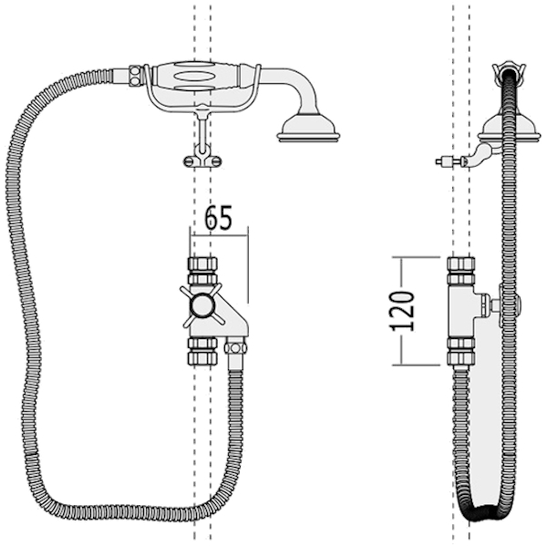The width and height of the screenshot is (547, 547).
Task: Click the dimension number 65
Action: (x=218, y=218)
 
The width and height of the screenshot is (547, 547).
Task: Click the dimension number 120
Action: (x=401, y=311)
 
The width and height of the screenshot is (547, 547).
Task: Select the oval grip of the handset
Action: (x=196, y=77)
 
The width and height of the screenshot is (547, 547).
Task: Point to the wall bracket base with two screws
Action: (x=202, y=161)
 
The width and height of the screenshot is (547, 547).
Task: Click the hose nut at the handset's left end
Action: (x=134, y=76)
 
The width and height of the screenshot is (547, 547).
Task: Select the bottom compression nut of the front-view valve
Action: (x=202, y=351)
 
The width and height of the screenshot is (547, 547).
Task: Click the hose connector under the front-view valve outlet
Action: (x=235, y=348)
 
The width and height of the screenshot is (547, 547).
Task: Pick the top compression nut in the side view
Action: (x=461, y=270)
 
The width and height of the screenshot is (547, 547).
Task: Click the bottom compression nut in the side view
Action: (x=461, y=351)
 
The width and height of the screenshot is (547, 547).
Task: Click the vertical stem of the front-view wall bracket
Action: (x=202, y=130)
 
